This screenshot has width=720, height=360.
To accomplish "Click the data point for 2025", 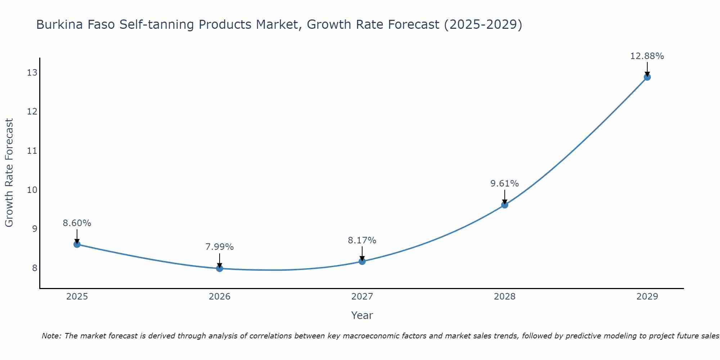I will pyautogui.click(x=77, y=244).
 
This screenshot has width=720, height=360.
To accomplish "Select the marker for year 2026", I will pyautogui.click(x=220, y=268).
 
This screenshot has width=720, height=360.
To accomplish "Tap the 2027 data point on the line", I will pyautogui.click(x=362, y=261).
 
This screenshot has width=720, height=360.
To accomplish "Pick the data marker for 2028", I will pyautogui.click(x=505, y=205).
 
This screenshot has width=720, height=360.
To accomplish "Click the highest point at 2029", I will pyautogui.click(x=647, y=77).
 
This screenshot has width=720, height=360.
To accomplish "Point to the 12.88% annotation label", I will pyautogui.click(x=647, y=56).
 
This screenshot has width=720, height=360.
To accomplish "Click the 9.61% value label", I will pyautogui.click(x=504, y=184).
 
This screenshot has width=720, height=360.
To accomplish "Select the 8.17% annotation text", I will pyautogui.click(x=362, y=240).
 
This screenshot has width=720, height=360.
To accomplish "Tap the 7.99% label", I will pyautogui.click(x=219, y=247).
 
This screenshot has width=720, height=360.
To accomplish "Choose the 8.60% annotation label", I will pyautogui.click(x=77, y=223).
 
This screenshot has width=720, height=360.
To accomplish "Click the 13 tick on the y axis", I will pyautogui.click(x=32, y=73).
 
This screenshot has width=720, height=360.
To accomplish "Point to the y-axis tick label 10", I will pyautogui.click(x=32, y=190).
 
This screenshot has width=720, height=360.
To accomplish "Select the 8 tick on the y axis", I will pyautogui.click(x=35, y=268).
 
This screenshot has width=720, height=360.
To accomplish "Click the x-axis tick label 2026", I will pyautogui.click(x=220, y=297).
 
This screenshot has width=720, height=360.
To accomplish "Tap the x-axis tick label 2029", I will pyautogui.click(x=647, y=297).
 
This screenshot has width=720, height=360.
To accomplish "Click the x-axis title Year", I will pyautogui.click(x=362, y=315).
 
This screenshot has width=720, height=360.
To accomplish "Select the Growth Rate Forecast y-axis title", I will pyautogui.click(x=9, y=173).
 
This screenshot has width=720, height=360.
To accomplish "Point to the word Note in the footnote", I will pyautogui.click(x=51, y=336).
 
